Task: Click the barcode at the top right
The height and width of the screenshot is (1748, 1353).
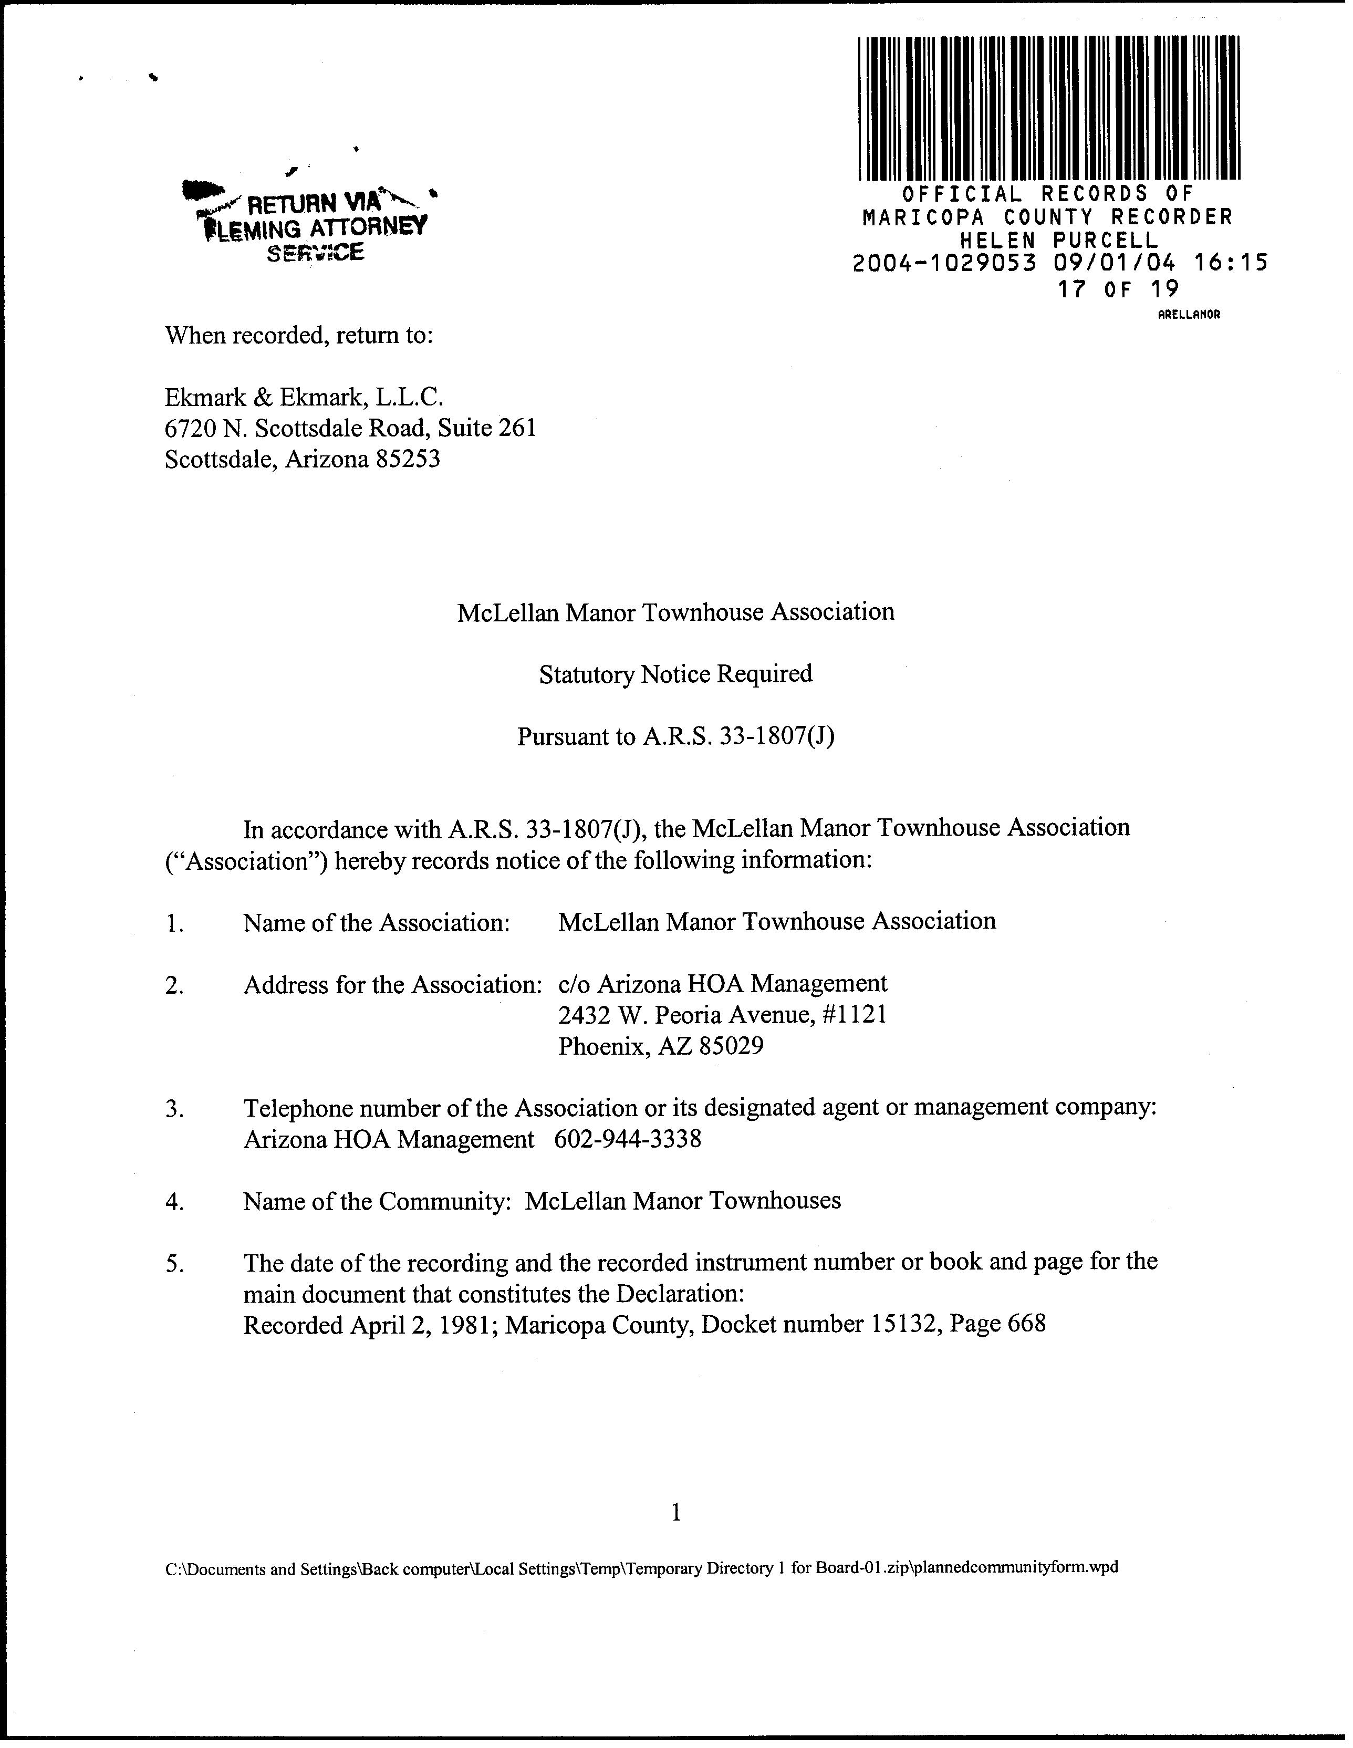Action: (x=1049, y=108)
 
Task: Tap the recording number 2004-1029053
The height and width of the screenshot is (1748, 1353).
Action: (x=945, y=263)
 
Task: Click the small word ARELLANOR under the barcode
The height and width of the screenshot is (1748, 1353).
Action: (x=1189, y=315)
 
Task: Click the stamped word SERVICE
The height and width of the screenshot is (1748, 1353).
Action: (x=316, y=253)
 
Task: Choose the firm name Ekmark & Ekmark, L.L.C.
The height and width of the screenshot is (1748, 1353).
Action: (x=304, y=397)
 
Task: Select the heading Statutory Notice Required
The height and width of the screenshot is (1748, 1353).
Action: (x=675, y=674)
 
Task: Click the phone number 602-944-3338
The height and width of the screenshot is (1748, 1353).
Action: (x=628, y=1139)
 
